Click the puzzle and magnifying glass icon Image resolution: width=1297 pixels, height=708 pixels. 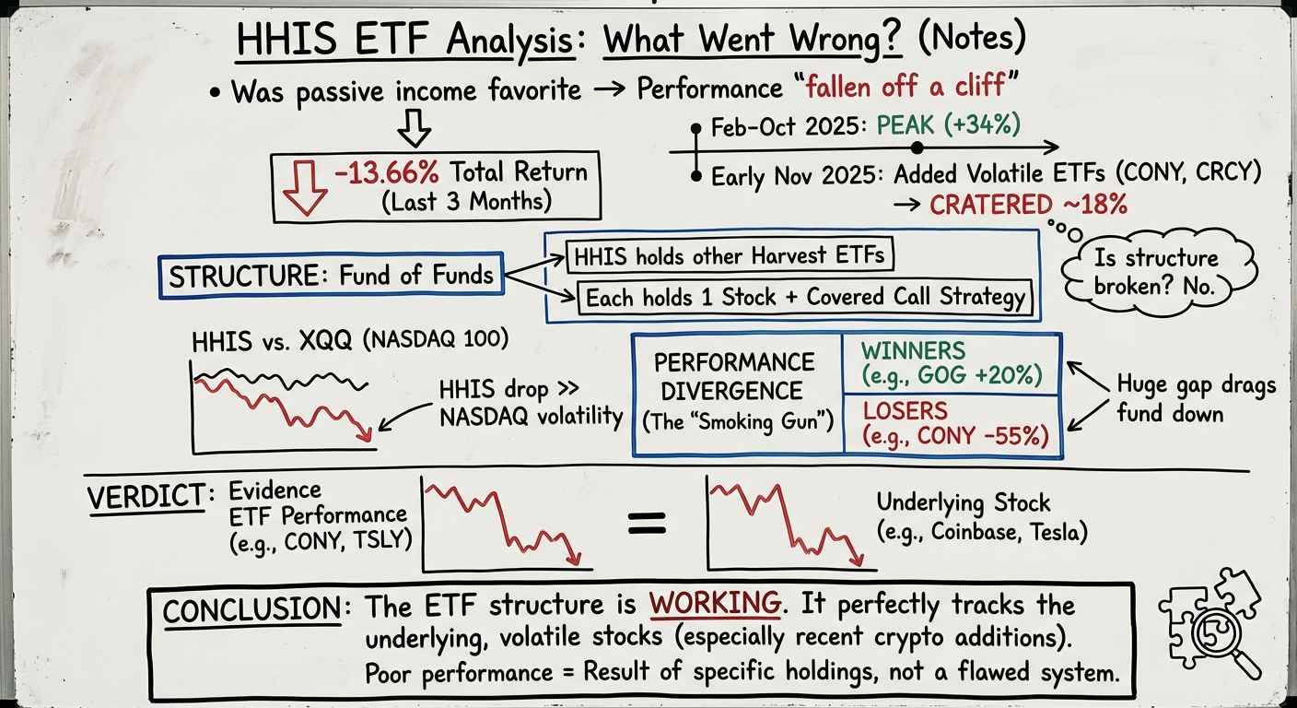pos(1208,619)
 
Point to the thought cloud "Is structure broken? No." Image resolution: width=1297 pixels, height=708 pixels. pos(1156,270)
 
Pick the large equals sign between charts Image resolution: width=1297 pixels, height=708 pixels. pos(647,523)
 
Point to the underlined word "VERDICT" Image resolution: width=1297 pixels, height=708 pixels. pos(145,497)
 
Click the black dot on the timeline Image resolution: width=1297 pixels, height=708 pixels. pos(916,147)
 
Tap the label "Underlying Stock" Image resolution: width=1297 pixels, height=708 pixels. pos(963,502)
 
